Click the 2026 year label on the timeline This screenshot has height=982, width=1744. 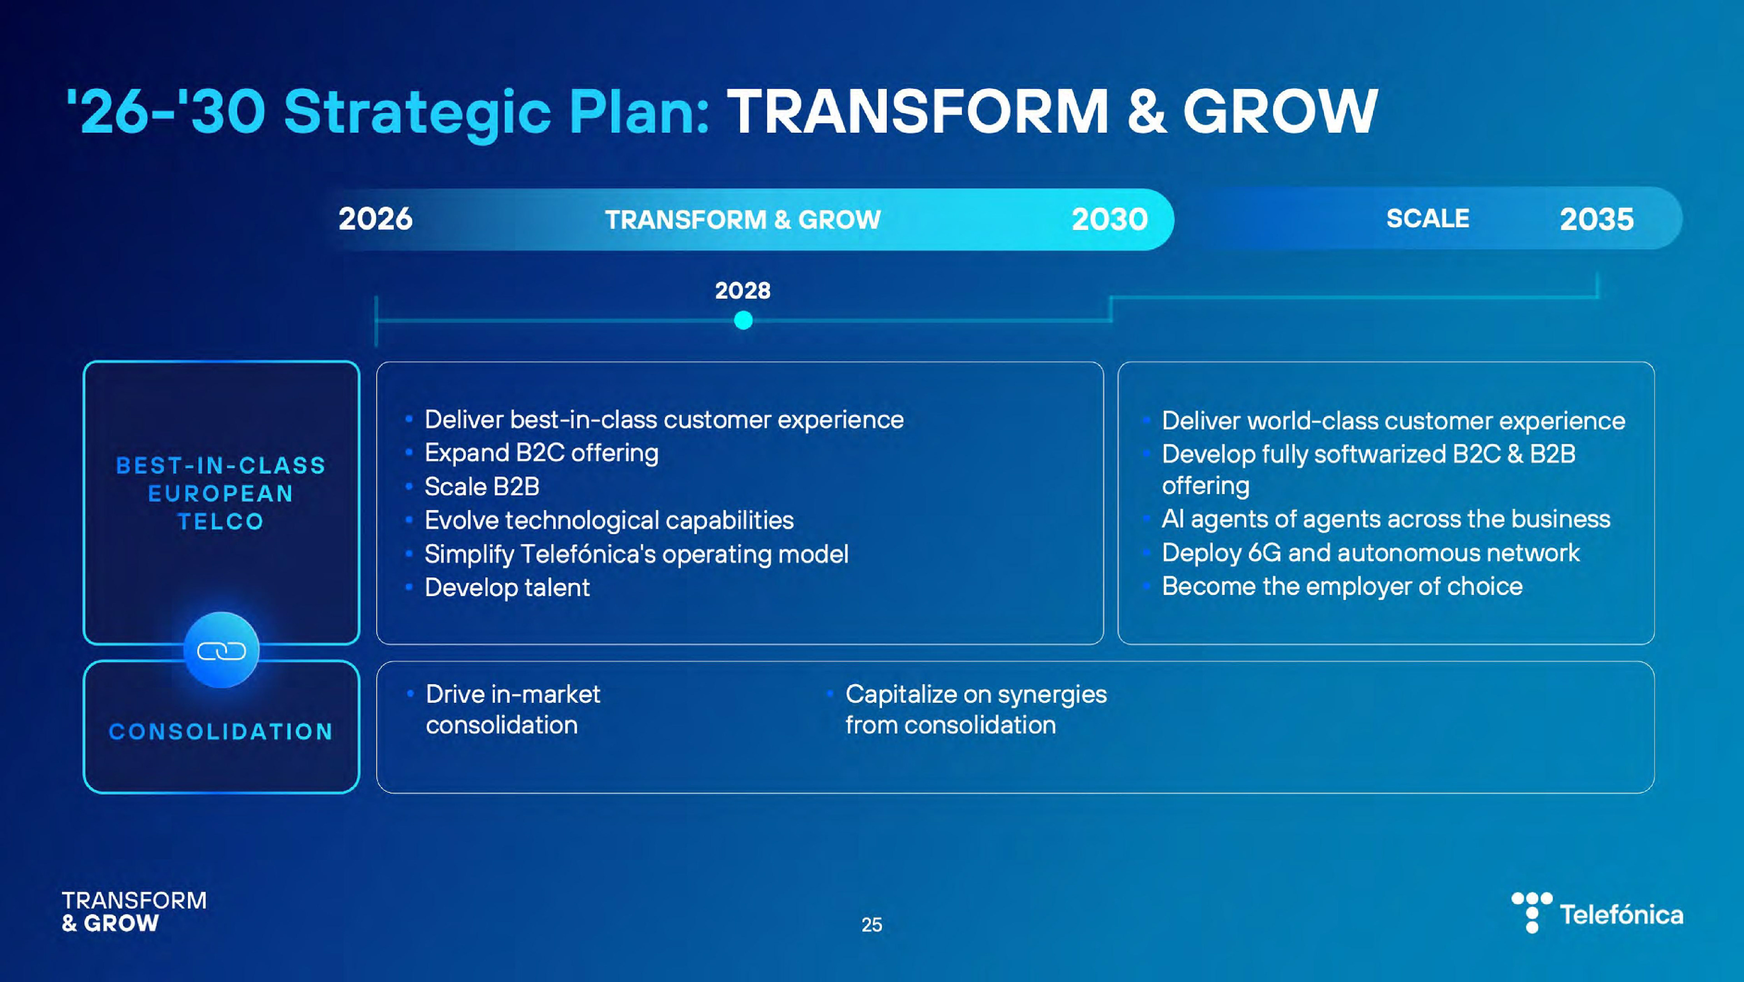(375, 219)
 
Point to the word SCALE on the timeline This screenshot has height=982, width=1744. (1428, 218)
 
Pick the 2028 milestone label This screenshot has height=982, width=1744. (743, 290)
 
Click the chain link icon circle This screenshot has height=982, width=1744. (221, 650)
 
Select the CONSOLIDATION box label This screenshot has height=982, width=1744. (221, 732)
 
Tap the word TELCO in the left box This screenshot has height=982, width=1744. (221, 522)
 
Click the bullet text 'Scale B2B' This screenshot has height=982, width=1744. (482, 486)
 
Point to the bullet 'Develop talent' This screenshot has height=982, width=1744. (507, 587)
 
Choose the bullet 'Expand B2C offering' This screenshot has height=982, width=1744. (542, 453)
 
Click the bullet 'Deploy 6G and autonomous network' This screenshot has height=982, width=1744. (1371, 553)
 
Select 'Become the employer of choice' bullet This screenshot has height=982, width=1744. (1343, 586)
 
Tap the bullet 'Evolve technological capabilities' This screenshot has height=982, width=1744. (609, 520)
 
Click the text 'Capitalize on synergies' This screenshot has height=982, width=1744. (976, 694)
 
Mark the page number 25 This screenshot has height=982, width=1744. (872, 924)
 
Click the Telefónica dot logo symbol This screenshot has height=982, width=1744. (1532, 912)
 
